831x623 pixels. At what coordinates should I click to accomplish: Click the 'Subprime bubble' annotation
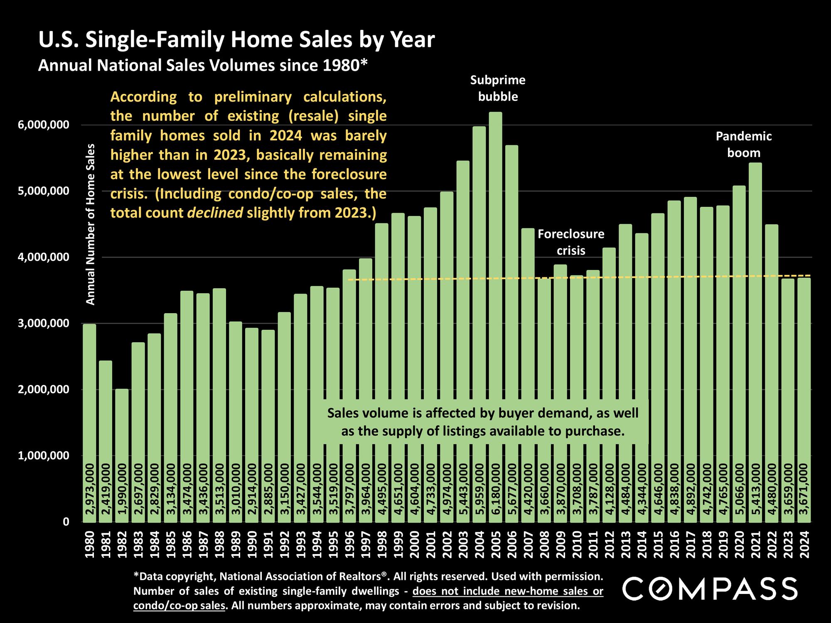pyautogui.click(x=498, y=88)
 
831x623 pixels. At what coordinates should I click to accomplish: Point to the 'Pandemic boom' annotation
pyautogui.click(x=743, y=145)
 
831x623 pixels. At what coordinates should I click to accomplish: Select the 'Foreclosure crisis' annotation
pyautogui.click(x=571, y=243)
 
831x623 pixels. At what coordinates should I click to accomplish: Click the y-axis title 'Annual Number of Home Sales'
pyautogui.click(x=90, y=224)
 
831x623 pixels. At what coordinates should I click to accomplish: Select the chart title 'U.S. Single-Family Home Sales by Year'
pyautogui.click(x=236, y=40)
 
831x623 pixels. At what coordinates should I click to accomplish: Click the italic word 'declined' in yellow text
pyautogui.click(x=215, y=213)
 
